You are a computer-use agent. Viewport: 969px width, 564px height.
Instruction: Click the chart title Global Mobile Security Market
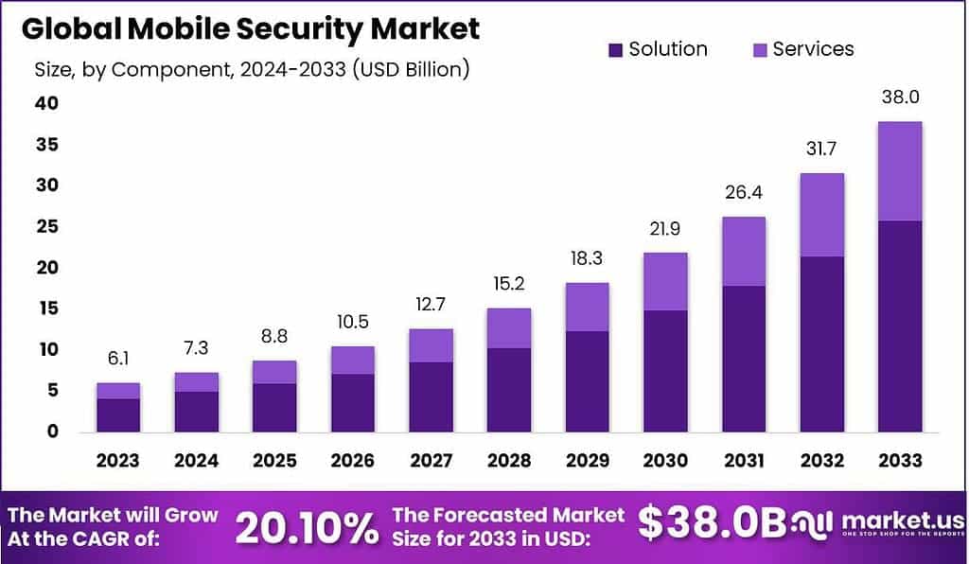(250, 28)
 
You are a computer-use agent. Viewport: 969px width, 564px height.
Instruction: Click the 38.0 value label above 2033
(899, 97)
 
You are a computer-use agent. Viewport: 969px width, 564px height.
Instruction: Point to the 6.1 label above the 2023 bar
(118, 360)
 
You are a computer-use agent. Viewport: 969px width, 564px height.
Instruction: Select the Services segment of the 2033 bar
(899, 170)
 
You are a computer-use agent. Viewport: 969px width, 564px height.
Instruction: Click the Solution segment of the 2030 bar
(664, 371)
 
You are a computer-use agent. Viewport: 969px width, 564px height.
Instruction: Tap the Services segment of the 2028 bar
(508, 327)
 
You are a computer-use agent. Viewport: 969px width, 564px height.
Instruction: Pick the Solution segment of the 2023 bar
(118, 414)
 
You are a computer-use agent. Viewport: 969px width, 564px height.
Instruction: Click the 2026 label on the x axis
(352, 461)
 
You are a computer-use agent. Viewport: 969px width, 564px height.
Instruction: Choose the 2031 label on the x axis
(743, 461)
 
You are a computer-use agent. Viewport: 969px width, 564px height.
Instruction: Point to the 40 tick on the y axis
(47, 103)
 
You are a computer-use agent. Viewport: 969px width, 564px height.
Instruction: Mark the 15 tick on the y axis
(47, 308)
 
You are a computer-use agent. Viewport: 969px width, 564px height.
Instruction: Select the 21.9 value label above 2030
(664, 229)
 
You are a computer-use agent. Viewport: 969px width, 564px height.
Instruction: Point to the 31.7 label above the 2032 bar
(820, 150)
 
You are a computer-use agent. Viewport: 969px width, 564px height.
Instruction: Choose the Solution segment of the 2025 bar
(274, 407)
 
